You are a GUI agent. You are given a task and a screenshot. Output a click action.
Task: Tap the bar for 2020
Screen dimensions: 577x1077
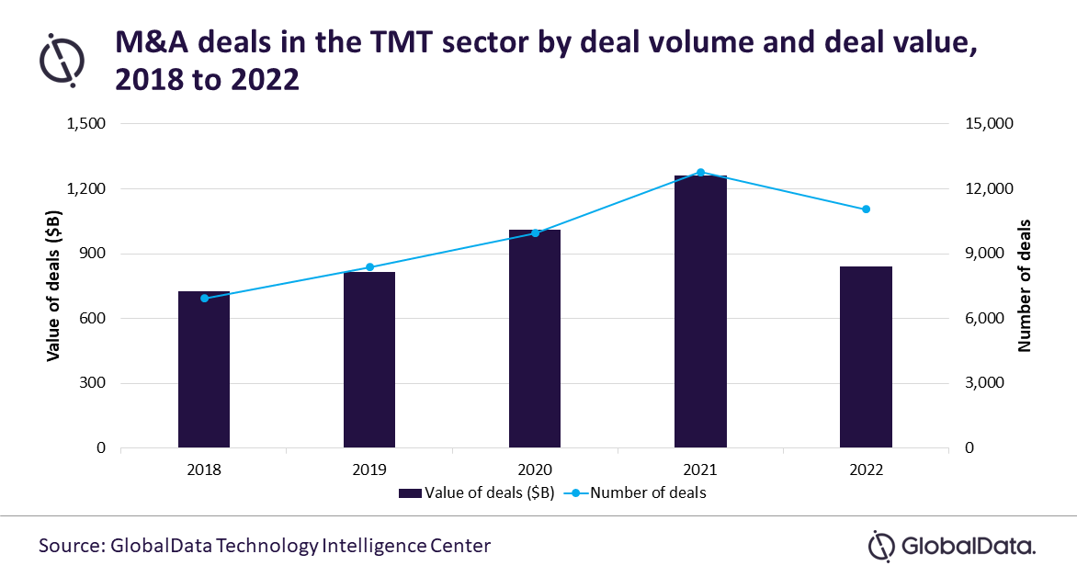(535, 339)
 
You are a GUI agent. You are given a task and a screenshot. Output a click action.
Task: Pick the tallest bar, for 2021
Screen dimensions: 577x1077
(700, 311)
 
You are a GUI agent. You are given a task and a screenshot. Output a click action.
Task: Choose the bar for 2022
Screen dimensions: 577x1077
(866, 357)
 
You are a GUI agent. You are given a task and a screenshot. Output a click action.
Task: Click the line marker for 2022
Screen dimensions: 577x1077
(866, 209)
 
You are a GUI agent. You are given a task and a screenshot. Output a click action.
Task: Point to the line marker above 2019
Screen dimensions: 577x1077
(369, 267)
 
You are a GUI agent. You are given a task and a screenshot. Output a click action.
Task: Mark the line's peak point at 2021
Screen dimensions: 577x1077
(700, 173)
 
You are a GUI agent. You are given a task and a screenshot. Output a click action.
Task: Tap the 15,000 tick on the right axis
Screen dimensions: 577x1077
(988, 124)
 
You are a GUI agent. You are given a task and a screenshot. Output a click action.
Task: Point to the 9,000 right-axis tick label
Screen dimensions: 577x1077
(984, 254)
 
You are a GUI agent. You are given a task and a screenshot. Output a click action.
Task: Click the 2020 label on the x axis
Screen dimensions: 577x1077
(535, 470)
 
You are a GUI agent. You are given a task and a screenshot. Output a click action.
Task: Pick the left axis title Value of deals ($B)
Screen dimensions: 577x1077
(54, 286)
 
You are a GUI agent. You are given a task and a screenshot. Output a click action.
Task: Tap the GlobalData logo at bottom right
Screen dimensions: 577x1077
(952, 546)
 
